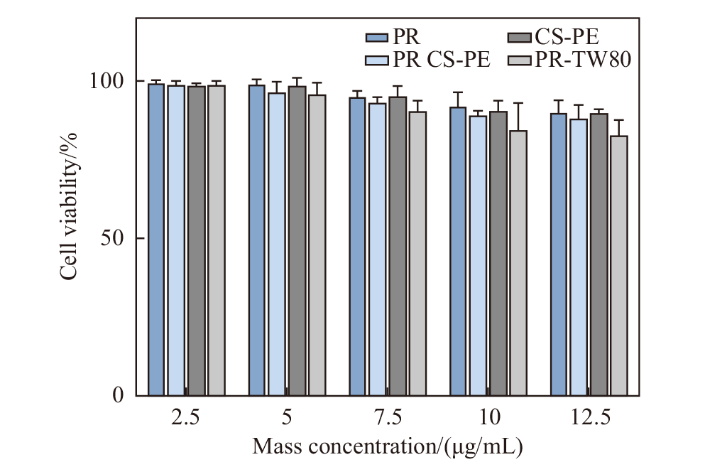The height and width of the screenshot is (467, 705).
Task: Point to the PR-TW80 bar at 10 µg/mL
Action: [x=518, y=262]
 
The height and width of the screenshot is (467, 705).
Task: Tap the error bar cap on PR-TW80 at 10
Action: [x=518, y=103]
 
